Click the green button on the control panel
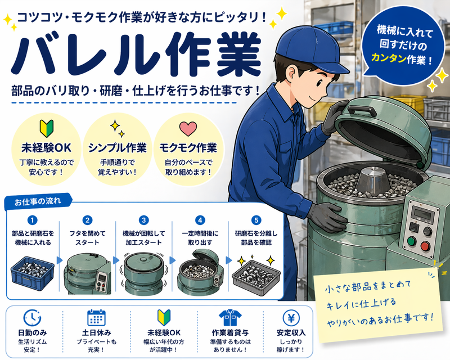411,241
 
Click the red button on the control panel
425,246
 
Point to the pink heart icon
188,128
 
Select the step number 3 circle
143,220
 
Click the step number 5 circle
256,220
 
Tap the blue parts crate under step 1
33,273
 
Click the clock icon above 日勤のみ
32,318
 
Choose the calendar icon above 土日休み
96,318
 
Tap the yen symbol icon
291,318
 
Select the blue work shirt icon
230,318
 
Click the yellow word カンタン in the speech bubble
389,58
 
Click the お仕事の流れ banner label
38,201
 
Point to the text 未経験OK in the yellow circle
46,148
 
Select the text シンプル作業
117,148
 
